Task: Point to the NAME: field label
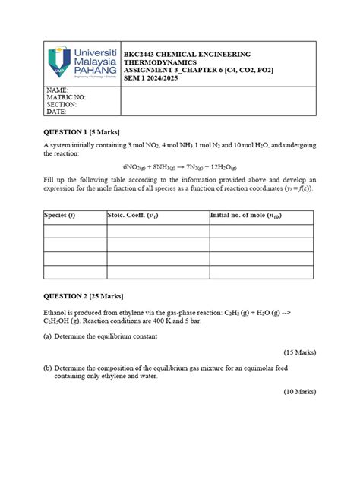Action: (x=58, y=90)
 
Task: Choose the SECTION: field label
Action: (x=62, y=105)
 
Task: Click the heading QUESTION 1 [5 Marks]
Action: (x=81, y=132)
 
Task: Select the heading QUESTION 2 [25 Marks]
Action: (x=83, y=295)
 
